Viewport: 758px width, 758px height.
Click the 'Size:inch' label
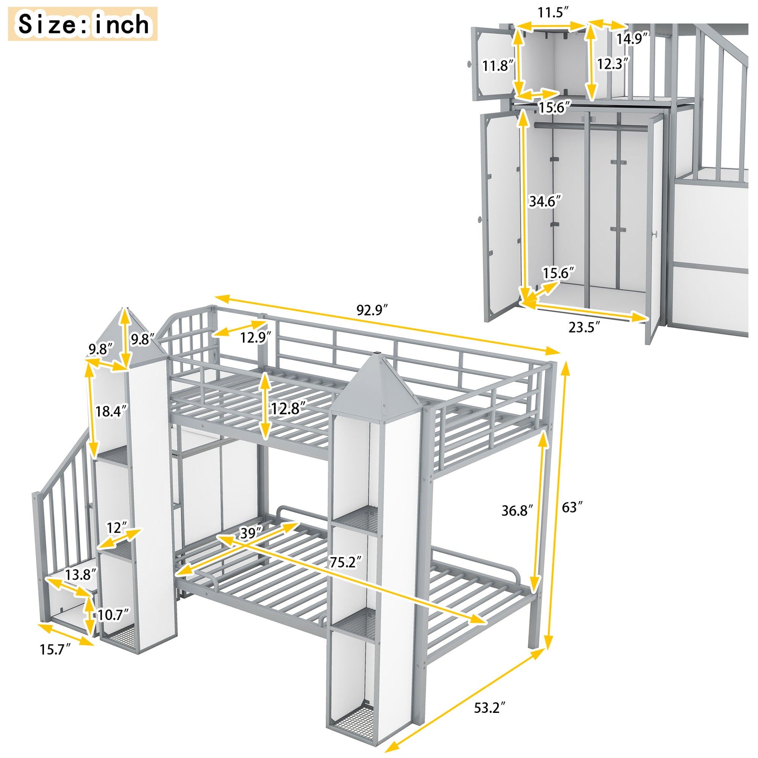[x=83, y=24]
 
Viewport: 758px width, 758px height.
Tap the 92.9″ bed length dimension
[x=372, y=310]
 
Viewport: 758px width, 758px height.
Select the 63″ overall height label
[x=572, y=507]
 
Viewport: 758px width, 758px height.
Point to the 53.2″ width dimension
[x=489, y=708]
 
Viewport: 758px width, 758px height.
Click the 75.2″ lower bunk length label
[x=346, y=562]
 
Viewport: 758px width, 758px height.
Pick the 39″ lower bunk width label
[x=251, y=533]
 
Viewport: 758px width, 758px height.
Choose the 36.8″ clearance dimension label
[x=517, y=510]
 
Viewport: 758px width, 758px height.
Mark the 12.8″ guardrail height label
[x=288, y=408]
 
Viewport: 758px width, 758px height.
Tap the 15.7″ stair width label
[x=55, y=649]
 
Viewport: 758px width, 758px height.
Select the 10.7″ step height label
[x=112, y=614]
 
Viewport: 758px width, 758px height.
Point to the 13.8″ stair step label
[x=81, y=574]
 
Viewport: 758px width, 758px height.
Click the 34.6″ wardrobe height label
[x=545, y=201]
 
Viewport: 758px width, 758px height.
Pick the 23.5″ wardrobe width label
[x=584, y=327]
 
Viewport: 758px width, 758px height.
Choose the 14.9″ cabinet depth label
[x=632, y=38]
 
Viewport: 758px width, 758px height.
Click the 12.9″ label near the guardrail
[x=256, y=337]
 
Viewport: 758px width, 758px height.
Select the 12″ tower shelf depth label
[x=116, y=527]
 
